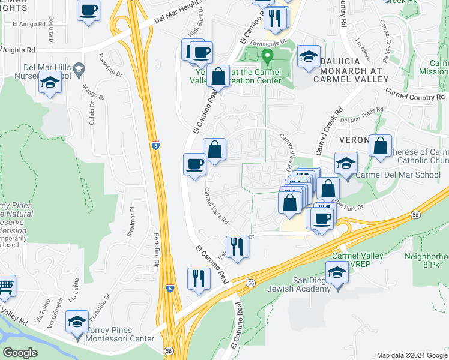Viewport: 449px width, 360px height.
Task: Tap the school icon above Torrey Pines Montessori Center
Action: [x=77, y=321]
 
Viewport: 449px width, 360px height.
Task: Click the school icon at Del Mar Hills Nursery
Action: [x=49, y=83]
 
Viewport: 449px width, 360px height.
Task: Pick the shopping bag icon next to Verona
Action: [x=380, y=146]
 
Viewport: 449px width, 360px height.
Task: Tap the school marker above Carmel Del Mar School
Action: [x=346, y=163]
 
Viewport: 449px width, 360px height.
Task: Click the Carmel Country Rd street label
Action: [x=415, y=95]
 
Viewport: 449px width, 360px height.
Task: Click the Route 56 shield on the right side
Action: [x=415, y=214]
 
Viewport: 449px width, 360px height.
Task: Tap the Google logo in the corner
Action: [x=20, y=352]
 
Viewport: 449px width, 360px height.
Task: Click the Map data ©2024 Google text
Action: [x=412, y=355]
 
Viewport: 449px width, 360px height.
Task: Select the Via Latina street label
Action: [x=73, y=293]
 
